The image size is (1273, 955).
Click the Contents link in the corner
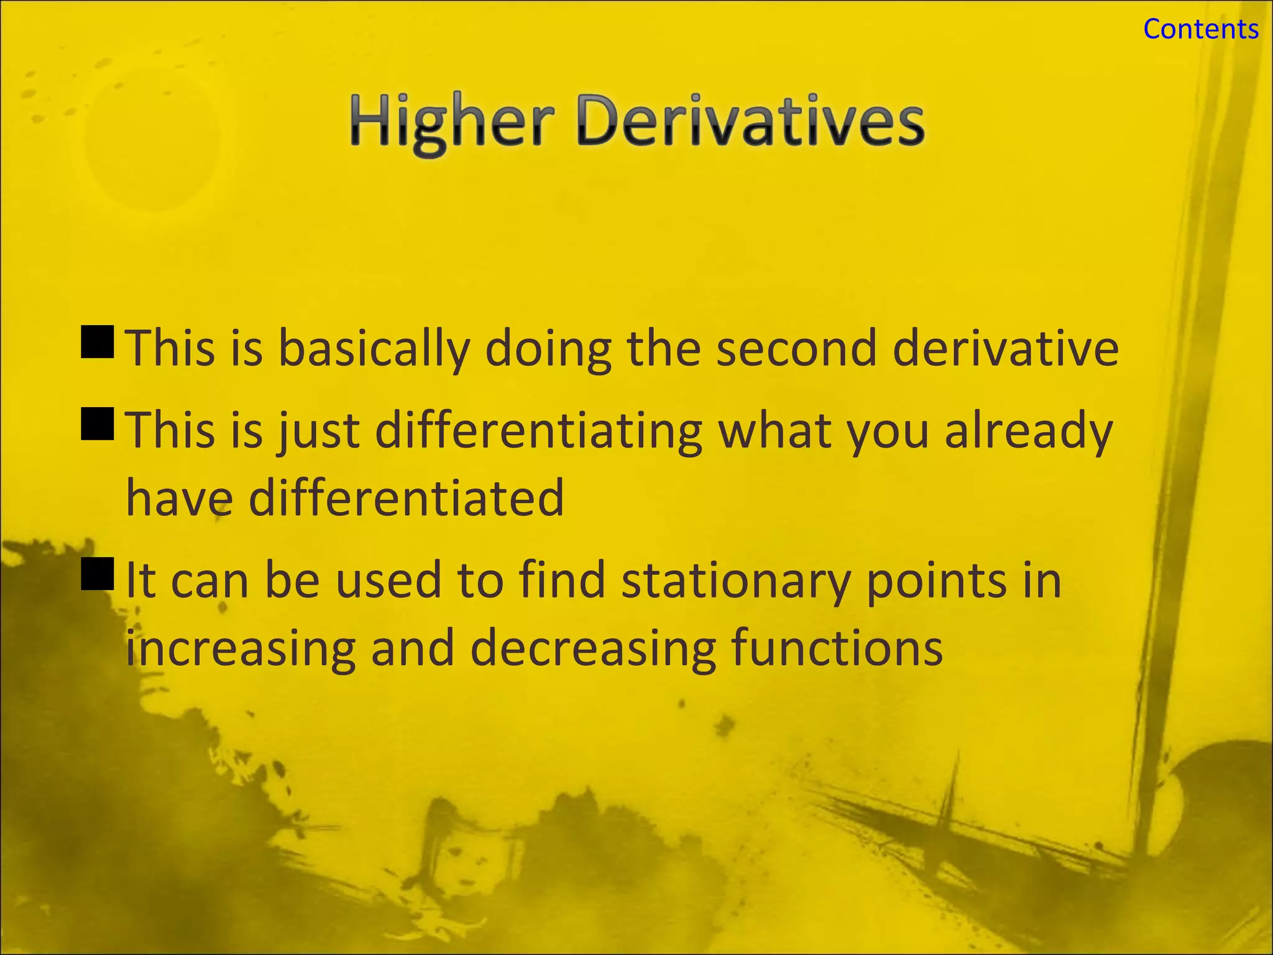(x=1200, y=29)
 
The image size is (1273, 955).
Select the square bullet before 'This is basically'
(x=98, y=342)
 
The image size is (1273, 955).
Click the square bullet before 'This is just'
(x=98, y=424)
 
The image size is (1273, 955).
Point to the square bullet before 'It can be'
(x=98, y=573)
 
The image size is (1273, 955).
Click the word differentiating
(x=539, y=431)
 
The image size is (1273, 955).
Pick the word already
(x=1028, y=431)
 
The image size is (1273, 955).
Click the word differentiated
(x=407, y=499)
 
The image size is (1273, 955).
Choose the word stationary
(x=735, y=581)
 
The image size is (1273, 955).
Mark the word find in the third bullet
(x=562, y=579)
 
